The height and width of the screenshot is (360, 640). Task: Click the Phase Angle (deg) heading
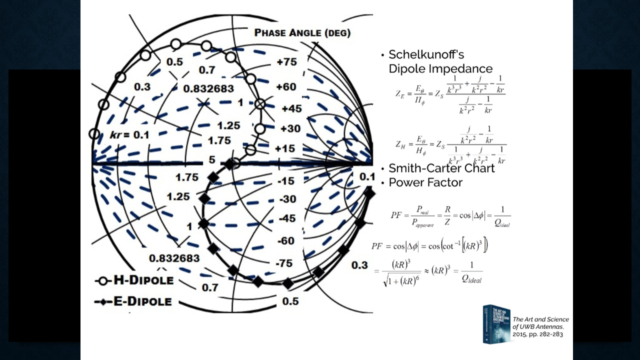302,33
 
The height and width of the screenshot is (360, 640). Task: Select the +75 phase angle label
286,62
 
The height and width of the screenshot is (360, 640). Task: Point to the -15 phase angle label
287,181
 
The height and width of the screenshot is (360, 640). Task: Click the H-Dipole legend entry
134,280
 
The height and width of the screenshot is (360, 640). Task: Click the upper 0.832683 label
208,88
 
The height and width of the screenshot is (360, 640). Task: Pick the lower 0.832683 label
174,258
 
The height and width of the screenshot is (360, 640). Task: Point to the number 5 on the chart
212,160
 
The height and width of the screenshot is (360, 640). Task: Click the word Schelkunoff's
426,54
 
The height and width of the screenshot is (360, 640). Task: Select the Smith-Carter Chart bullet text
441,168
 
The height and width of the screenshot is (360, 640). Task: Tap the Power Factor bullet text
425,182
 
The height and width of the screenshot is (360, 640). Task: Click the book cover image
496,324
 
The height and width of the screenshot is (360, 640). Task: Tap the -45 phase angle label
287,218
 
